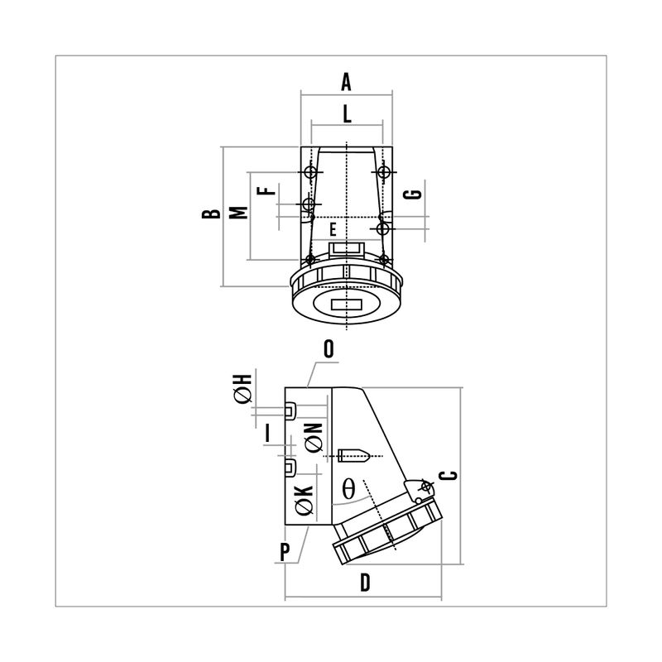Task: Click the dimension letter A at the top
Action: coord(346,82)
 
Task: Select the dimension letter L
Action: coord(347,114)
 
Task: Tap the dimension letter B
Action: coord(211,213)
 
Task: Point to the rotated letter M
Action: coord(238,213)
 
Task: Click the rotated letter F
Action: coord(266,190)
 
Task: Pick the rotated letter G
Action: coord(412,194)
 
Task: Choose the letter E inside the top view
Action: coord(333,230)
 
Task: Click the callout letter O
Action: coord(329,349)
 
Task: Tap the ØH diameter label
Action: coord(242,388)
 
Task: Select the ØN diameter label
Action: coord(314,438)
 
